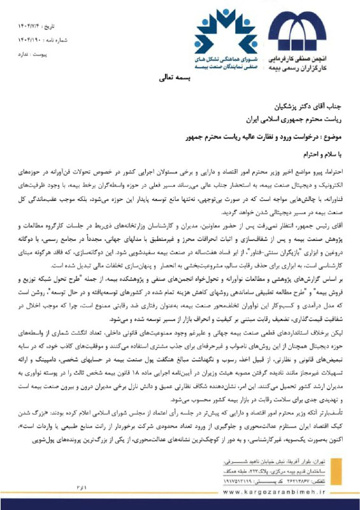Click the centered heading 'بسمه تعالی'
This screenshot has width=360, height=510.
tap(180, 76)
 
